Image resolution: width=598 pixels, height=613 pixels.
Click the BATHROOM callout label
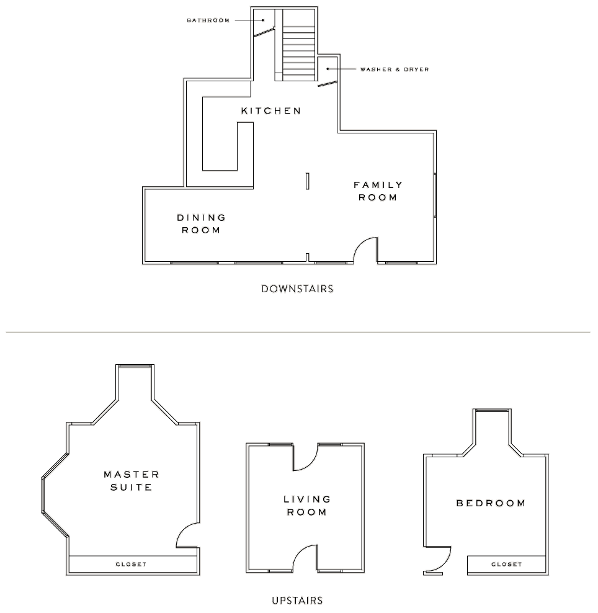(208, 20)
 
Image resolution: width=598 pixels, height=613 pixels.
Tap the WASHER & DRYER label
(395, 69)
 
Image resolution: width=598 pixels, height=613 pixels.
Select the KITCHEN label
(271, 111)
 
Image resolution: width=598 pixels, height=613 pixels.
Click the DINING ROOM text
(201, 224)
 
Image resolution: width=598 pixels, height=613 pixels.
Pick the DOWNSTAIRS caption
(297, 289)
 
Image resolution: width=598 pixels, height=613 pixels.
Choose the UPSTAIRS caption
(297, 601)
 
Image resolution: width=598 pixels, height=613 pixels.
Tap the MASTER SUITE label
(131, 481)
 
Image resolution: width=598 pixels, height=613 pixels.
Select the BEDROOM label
(491, 503)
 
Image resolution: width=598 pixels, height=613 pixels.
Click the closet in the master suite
(131, 564)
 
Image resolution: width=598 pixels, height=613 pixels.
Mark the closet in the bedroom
(506, 564)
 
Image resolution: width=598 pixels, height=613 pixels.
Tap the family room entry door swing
(366, 251)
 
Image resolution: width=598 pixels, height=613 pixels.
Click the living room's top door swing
(305, 457)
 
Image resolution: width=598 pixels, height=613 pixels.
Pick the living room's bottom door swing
(305, 556)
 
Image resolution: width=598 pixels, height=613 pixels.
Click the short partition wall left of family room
(308, 181)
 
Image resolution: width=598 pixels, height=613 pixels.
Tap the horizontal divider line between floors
(298, 333)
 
